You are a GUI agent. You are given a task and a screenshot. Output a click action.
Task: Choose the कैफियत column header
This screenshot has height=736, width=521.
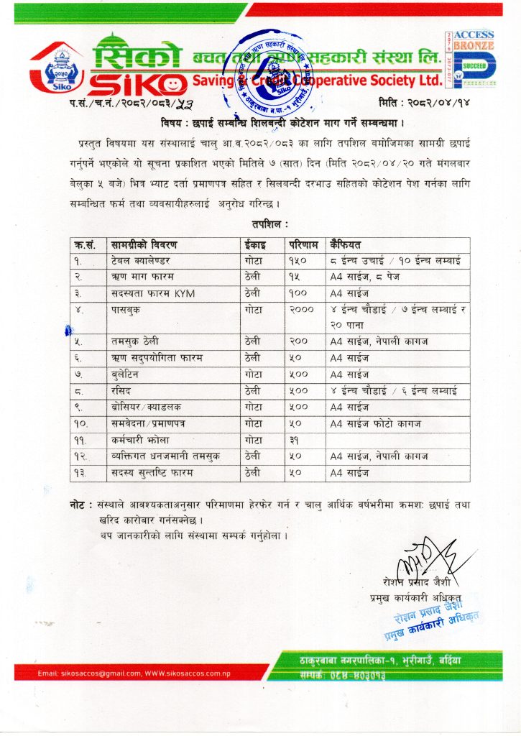tap(348, 242)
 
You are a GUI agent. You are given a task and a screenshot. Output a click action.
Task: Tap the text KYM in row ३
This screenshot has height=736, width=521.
tap(184, 293)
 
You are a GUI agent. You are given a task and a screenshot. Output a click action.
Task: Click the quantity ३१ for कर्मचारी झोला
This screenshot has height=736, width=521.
tap(294, 439)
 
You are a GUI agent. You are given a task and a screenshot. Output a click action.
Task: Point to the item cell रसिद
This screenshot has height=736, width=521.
tap(122, 390)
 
